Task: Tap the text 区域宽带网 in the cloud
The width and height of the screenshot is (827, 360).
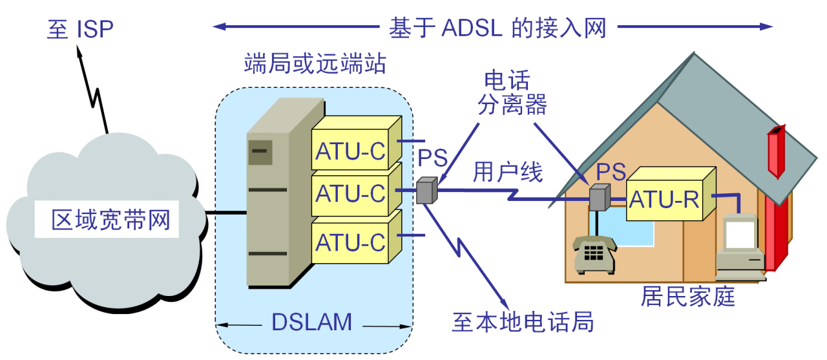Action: (111, 220)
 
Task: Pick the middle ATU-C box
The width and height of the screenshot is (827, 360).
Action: (351, 193)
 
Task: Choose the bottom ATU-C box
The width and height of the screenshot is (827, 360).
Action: (351, 242)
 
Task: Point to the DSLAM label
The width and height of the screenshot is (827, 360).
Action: (312, 322)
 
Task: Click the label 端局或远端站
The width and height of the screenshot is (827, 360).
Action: (315, 64)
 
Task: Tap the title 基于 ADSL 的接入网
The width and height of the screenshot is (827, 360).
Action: (497, 27)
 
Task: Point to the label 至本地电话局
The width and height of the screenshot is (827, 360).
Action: (523, 321)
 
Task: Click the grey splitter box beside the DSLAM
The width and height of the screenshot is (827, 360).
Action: (426, 191)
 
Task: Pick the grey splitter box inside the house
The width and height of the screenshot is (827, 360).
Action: (600, 197)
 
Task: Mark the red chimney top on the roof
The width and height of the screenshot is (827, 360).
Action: (775, 152)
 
